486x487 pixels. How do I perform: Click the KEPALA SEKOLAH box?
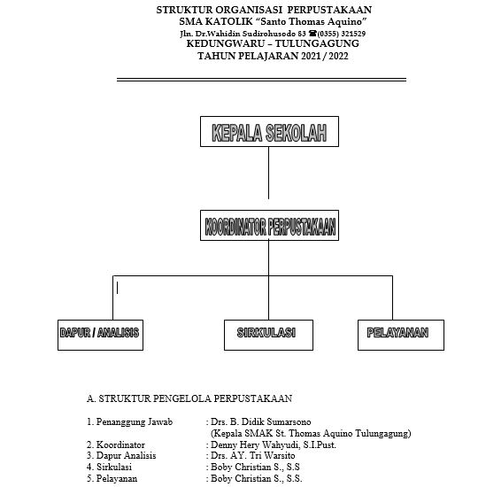(x=269, y=131)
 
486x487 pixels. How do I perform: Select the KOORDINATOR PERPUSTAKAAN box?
(x=269, y=225)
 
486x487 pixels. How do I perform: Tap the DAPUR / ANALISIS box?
(x=100, y=335)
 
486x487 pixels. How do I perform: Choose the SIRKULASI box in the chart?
(x=268, y=335)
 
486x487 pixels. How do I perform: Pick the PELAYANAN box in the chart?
(x=401, y=335)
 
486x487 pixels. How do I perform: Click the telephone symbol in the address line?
(x=312, y=33)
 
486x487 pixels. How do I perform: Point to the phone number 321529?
(x=353, y=34)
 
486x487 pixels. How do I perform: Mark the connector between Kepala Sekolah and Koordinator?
(x=268, y=173)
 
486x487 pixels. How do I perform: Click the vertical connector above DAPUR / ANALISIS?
(x=112, y=298)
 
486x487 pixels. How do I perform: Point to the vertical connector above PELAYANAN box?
(x=392, y=298)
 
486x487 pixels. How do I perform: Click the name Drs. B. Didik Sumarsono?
(x=260, y=421)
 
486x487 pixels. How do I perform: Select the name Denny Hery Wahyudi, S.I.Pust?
(x=274, y=444)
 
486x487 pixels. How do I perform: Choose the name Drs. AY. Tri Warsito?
(x=253, y=456)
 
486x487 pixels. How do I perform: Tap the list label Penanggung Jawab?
(x=135, y=422)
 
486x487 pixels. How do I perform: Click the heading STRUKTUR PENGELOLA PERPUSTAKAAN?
(x=196, y=398)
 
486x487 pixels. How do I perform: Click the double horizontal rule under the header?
(x=261, y=80)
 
